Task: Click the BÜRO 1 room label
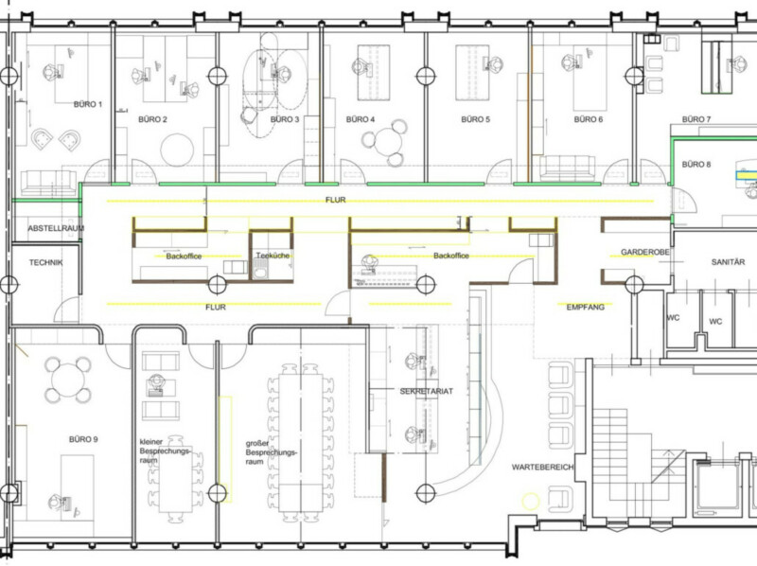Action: [88, 104]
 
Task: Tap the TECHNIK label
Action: [45, 263]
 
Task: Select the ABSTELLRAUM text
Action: [56, 228]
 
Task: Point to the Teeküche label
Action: [273, 256]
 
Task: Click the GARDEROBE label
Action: [645, 252]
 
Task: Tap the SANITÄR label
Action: [728, 262]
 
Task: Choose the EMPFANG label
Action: [585, 307]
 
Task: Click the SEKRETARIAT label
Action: [427, 391]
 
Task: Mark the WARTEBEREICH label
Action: [542, 467]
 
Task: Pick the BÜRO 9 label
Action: [83, 439]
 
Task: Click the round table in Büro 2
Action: [177, 150]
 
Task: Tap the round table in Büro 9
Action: [68, 380]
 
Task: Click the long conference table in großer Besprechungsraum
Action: [301, 441]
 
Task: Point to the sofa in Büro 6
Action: [567, 168]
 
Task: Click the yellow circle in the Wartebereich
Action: [531, 502]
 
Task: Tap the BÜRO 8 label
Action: [696, 164]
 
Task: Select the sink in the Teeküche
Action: [260, 273]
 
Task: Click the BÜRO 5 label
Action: [476, 119]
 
